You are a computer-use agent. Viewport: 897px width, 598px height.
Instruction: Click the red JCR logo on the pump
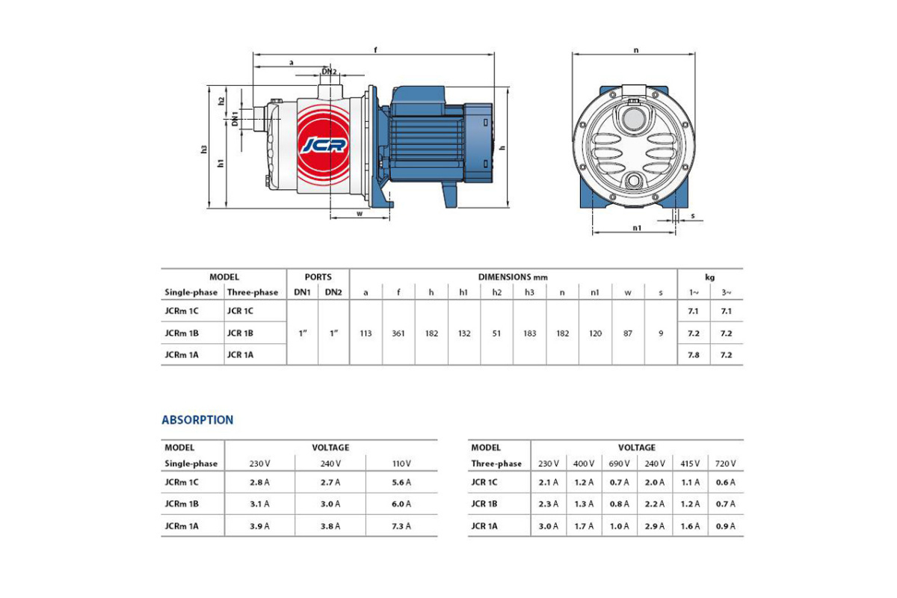(x=324, y=144)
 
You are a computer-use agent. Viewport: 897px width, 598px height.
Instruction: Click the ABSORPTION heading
(x=197, y=420)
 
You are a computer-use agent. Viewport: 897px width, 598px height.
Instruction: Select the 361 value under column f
(x=398, y=333)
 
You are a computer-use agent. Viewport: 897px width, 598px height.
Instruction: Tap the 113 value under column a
(x=366, y=333)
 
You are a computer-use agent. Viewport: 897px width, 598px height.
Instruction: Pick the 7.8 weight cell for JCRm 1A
(x=693, y=355)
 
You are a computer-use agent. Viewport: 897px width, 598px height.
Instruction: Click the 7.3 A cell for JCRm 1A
(x=401, y=526)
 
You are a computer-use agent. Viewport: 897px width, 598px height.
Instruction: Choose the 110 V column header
(x=401, y=463)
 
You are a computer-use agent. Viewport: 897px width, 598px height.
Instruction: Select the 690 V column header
(x=620, y=463)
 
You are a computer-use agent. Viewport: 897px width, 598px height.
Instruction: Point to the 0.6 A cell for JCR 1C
(x=726, y=482)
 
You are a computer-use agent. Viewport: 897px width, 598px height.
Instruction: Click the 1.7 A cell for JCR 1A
(x=585, y=526)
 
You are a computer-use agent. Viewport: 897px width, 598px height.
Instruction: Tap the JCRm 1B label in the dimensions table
(x=181, y=333)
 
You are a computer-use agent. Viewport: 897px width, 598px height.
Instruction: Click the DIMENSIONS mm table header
(x=513, y=277)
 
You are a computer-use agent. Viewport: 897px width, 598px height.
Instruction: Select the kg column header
(x=709, y=277)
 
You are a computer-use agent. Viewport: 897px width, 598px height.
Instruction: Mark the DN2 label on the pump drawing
(x=330, y=72)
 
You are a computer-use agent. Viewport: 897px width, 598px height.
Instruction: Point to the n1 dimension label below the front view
(x=637, y=228)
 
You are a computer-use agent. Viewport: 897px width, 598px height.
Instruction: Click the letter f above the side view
(x=375, y=49)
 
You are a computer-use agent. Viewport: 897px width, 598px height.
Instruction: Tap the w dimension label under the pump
(x=360, y=213)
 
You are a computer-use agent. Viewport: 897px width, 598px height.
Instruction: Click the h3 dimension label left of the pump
(x=203, y=149)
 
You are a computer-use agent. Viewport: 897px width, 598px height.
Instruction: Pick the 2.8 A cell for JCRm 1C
(x=259, y=482)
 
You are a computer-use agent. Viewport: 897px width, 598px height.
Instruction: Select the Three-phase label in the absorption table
(x=496, y=463)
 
